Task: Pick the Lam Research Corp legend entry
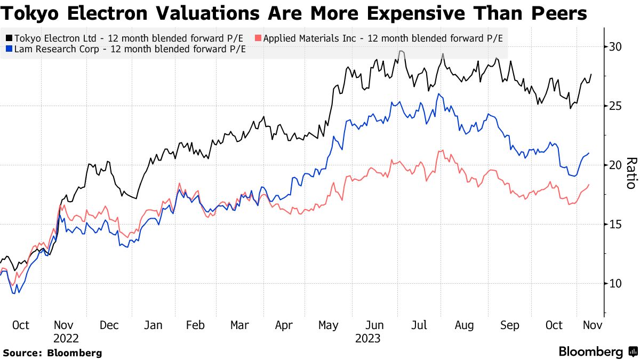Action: [125, 49]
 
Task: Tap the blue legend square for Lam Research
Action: [9, 49]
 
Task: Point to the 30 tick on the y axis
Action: [615, 47]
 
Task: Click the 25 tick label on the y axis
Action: [615, 106]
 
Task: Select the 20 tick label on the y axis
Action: [615, 165]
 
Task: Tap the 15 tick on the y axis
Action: [615, 225]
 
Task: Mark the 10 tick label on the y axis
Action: [615, 284]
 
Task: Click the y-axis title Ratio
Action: [630, 173]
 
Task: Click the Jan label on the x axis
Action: [154, 325]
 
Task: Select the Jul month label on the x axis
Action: [420, 325]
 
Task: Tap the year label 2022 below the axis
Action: [66, 338]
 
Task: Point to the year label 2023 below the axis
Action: [367, 338]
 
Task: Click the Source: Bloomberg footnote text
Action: [52, 353]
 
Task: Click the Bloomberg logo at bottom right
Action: [596, 352]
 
